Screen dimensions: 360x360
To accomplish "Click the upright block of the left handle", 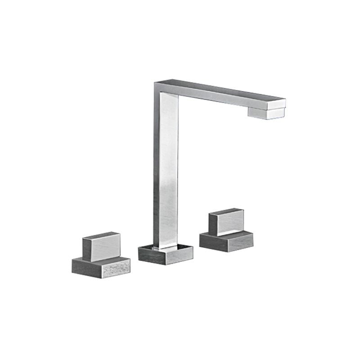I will click(101, 247).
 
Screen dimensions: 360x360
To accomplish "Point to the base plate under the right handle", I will click(226, 242).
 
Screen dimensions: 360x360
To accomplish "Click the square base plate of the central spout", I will click(165, 255).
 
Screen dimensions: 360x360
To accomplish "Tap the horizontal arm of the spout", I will click(220, 94).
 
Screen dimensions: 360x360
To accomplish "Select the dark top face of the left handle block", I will click(101, 235).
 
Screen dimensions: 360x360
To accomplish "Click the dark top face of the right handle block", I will click(226, 211).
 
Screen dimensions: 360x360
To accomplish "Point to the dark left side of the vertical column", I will click(156, 171).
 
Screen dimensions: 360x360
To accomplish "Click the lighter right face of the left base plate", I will click(116, 269).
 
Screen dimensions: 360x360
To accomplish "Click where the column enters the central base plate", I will click(166, 247).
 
